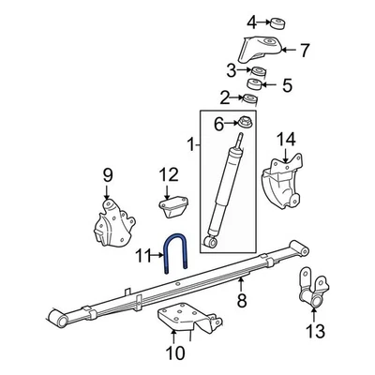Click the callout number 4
point(251,22)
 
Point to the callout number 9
point(107,173)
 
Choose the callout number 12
point(167,173)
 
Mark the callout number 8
point(241,301)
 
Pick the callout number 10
point(170,352)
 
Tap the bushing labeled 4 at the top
point(277,21)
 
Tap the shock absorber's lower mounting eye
point(213,243)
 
